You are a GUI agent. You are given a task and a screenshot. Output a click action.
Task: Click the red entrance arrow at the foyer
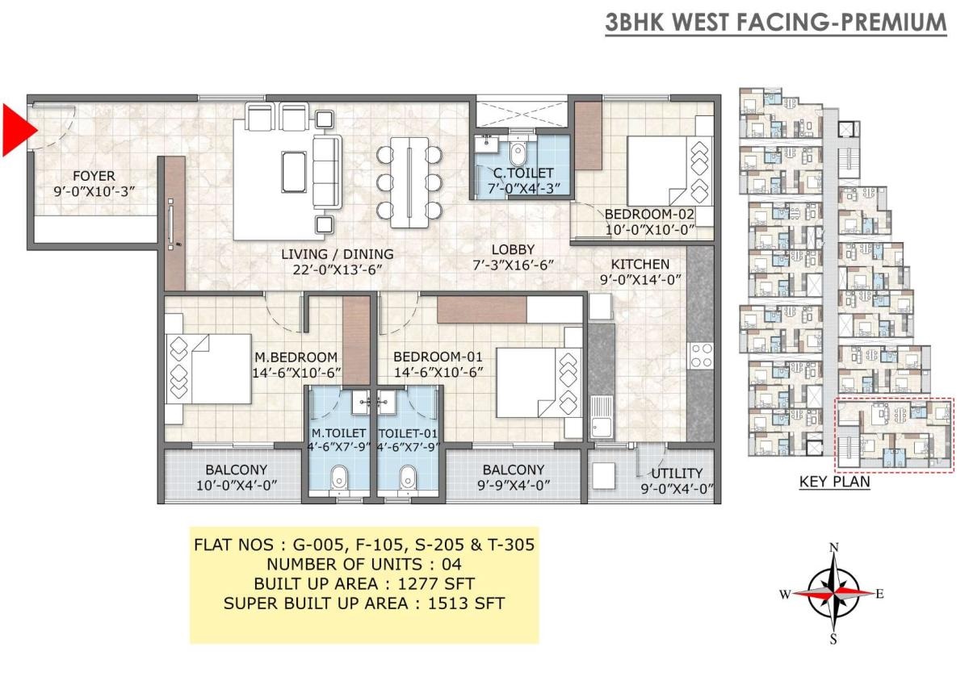(17, 130)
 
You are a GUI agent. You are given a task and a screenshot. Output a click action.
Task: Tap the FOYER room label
(94, 176)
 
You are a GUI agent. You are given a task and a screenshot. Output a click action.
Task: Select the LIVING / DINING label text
(338, 254)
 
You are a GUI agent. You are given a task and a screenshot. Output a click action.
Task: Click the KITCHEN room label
(640, 264)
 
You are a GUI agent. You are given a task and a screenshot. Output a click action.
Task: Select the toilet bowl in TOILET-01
(408, 477)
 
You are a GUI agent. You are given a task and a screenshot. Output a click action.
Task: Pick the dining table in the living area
(409, 182)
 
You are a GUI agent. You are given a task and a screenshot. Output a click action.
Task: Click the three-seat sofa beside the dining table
(327, 173)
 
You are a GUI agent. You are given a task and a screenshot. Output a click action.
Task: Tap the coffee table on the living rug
(294, 172)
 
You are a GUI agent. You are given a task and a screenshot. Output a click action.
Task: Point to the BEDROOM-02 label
(649, 214)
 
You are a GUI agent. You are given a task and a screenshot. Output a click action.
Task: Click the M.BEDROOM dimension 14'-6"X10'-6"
(296, 373)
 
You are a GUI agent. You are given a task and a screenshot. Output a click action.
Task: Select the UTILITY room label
(677, 474)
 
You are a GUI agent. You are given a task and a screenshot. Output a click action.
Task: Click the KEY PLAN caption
(834, 482)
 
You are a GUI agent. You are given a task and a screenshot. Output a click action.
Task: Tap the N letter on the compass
(833, 548)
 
